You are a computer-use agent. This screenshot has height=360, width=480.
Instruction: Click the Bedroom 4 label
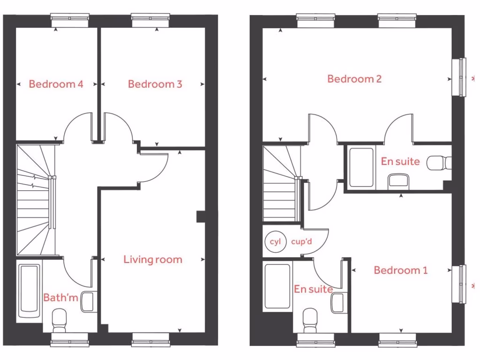56,84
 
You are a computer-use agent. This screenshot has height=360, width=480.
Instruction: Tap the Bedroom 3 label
155,84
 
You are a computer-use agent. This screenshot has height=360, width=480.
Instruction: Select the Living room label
153,259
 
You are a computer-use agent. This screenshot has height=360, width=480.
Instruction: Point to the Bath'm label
60,297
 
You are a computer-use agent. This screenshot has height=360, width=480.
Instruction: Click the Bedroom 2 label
354,79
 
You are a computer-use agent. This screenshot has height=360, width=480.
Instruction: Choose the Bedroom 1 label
401,270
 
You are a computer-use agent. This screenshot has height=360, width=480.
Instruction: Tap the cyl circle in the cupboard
275,242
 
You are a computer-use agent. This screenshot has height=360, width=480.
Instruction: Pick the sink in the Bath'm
89,301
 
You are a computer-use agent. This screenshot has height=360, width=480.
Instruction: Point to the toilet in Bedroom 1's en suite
310,320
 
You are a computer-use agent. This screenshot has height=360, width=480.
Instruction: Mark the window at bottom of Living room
150,339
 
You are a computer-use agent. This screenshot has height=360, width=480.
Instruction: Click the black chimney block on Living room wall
201,217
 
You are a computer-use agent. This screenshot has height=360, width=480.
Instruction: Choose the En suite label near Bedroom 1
313,290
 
